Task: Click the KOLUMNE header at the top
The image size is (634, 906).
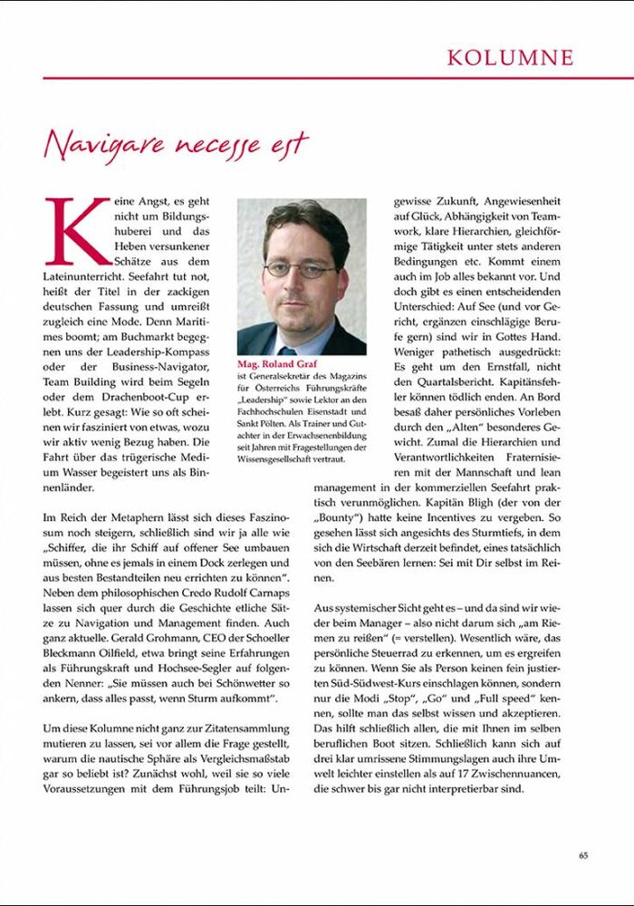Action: (510, 58)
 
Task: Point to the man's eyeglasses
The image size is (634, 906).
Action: (299, 269)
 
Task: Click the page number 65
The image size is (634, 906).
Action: (584, 854)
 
